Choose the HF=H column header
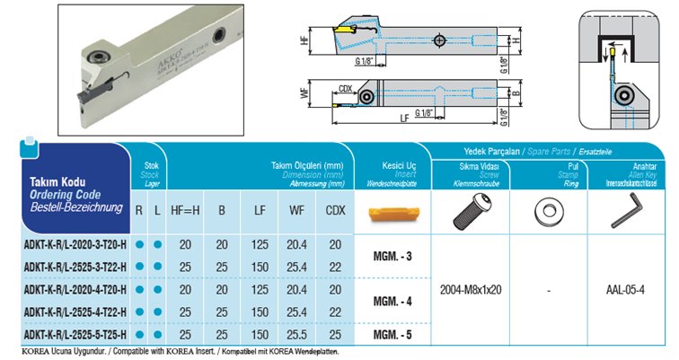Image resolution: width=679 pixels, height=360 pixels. [186, 212]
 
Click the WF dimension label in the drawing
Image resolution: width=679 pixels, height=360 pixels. [307, 92]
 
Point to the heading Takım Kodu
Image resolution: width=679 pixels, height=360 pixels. [47, 180]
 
